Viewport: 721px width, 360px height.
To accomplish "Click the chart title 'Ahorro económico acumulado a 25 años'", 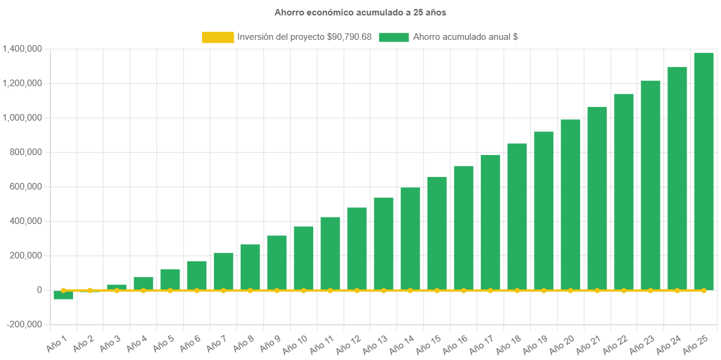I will coord(360,12).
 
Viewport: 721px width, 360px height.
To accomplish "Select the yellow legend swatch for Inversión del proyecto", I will coord(218,37).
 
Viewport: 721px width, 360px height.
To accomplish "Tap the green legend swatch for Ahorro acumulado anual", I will coord(393,37).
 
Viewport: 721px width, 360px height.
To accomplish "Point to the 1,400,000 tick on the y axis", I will coord(22,49).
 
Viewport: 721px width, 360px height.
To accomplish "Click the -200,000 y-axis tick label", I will coord(24,324).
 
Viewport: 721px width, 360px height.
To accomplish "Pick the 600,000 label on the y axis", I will coord(26,187).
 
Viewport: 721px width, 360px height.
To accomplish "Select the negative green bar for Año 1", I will coord(63,295).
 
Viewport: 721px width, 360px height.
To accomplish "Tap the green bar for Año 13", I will coord(383,244).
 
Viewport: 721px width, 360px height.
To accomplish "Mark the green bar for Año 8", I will coord(250,267).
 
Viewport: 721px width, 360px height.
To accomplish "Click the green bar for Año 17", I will coord(490,222).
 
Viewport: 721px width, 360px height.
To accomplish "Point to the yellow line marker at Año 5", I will coord(170,290).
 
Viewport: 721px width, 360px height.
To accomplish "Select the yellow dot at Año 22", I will coord(624,290).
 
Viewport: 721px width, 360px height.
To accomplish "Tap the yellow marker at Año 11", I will coord(330,290).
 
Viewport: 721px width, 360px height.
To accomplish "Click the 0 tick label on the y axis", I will coord(39,290).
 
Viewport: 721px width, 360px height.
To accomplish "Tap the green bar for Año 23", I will coord(650,185).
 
